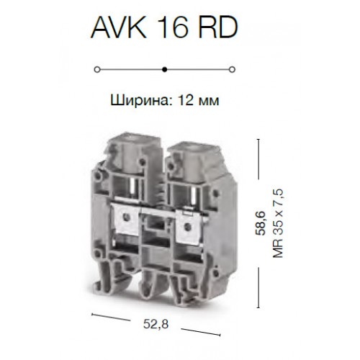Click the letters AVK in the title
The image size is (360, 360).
point(120,28)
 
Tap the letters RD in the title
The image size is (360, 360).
point(219,28)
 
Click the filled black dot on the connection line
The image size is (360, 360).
point(164,70)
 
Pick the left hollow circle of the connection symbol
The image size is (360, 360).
point(97,70)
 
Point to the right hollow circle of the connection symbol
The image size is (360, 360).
point(232,70)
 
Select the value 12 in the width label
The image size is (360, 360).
point(186,99)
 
